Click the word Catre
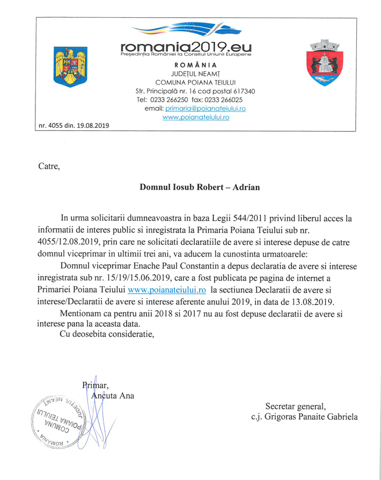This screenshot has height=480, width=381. click(x=49, y=166)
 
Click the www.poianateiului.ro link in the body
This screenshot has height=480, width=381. click(x=167, y=290)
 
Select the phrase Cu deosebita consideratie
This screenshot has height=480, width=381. click(x=107, y=336)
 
